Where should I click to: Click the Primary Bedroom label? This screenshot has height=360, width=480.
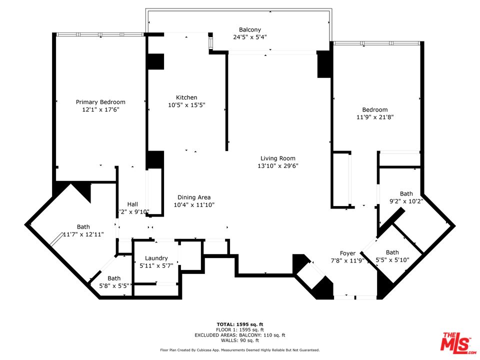click(x=100, y=102)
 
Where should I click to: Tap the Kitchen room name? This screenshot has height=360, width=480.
click(x=186, y=97)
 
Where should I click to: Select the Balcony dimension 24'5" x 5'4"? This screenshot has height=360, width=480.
click(x=250, y=37)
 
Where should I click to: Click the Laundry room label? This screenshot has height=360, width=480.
click(x=156, y=258)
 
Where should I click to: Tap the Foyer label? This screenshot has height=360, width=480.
click(x=347, y=253)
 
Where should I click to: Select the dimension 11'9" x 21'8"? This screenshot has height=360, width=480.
click(x=375, y=117)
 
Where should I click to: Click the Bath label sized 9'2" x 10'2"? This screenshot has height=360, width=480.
click(x=406, y=193)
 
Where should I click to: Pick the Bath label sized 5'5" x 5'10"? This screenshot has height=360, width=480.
click(x=392, y=252)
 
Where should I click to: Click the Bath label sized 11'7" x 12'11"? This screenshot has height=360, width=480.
click(x=83, y=226)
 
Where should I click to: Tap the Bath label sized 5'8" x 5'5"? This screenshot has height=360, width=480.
click(x=114, y=278)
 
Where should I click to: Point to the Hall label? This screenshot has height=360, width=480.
click(x=132, y=204)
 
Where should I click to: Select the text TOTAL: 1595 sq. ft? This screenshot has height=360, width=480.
click(x=240, y=324)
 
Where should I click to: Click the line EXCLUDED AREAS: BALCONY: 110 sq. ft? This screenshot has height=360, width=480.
click(x=240, y=335)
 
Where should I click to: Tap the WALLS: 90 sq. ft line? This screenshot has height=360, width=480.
click(x=240, y=340)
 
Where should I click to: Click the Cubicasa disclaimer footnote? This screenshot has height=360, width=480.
click(x=240, y=350)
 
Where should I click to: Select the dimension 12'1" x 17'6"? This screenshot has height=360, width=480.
click(x=100, y=109)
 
